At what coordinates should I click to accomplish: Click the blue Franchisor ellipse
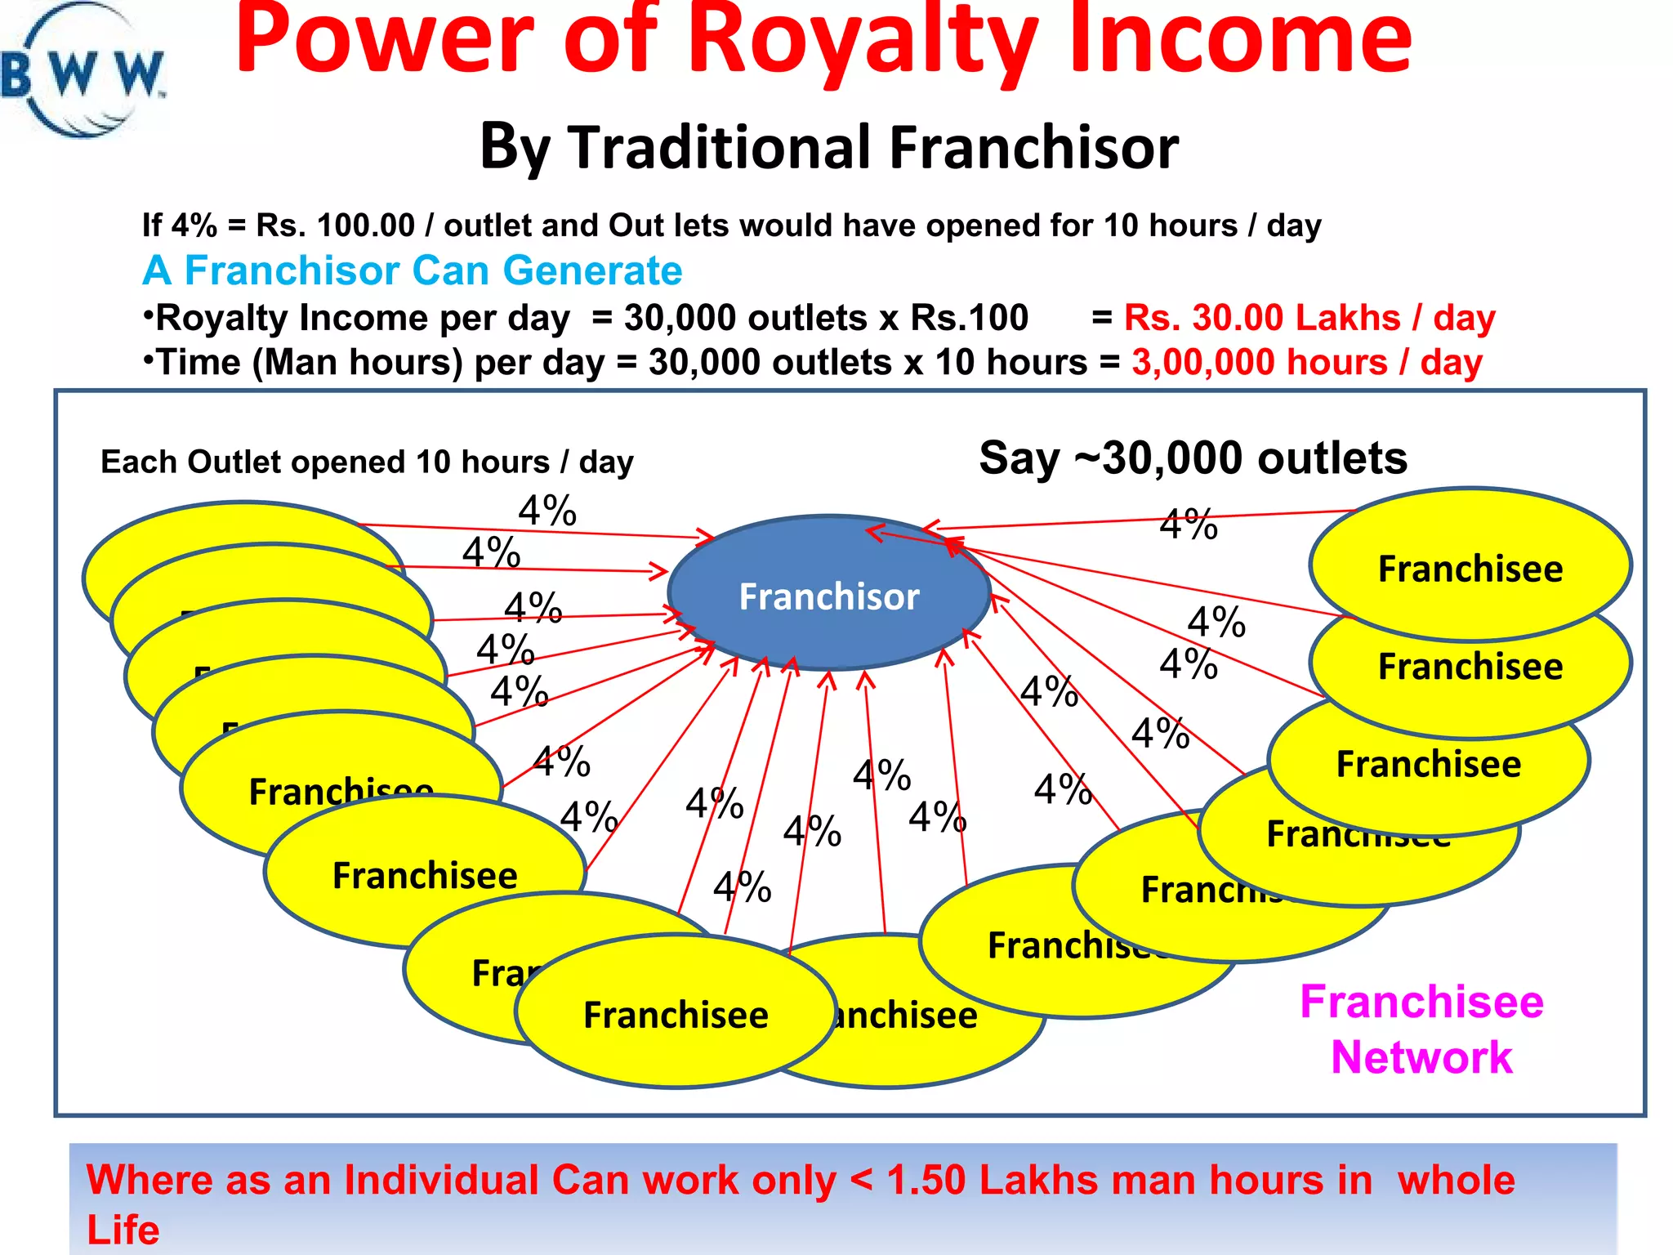(828, 595)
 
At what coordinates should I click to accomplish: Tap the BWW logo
(82, 72)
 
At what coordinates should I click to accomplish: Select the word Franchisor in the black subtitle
(1033, 148)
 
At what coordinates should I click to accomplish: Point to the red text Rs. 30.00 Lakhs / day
(1309, 318)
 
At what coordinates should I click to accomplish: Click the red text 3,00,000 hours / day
(1306, 362)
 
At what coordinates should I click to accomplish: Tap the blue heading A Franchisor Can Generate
(412, 270)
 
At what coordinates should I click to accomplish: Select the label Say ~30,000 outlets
(1193, 458)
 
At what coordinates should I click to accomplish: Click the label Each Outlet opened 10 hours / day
(367, 462)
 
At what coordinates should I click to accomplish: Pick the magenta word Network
(1421, 1057)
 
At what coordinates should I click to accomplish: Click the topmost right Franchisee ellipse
(1470, 565)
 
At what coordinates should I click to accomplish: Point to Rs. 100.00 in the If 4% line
(336, 226)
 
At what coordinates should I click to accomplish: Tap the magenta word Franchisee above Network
(1421, 1002)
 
